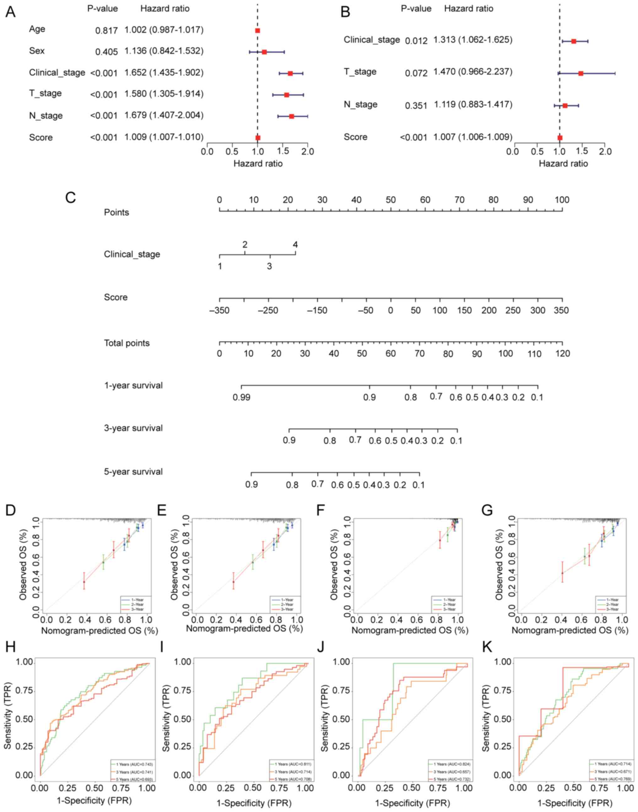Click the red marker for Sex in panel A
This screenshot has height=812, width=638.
point(264,52)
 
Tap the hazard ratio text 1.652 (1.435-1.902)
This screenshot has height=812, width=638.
point(164,72)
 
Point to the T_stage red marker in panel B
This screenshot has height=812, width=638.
point(581,73)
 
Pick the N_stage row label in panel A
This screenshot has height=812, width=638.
point(46,115)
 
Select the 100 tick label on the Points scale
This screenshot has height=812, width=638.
point(561,200)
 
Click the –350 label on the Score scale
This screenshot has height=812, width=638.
point(219,310)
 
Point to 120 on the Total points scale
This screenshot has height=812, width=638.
point(562,353)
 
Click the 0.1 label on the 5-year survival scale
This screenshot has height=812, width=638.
point(418,485)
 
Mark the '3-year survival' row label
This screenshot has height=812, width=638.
point(133,428)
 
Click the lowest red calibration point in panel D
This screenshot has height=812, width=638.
point(84,582)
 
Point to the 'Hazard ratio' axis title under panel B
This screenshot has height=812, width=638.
point(563,163)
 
